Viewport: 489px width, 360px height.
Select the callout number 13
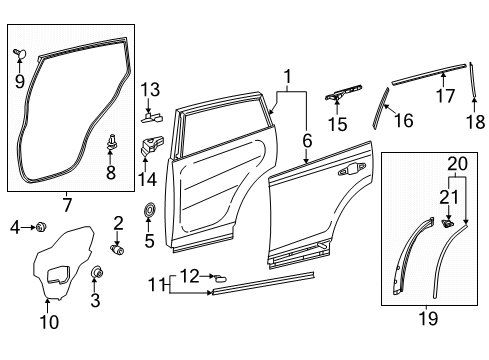150,91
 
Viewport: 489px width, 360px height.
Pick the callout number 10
49,322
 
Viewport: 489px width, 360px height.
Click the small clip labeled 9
18,49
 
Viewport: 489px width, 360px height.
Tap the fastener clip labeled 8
111,142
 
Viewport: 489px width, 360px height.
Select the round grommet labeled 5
150,211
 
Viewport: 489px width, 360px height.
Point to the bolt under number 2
118,250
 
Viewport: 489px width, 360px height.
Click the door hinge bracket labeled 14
149,145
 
